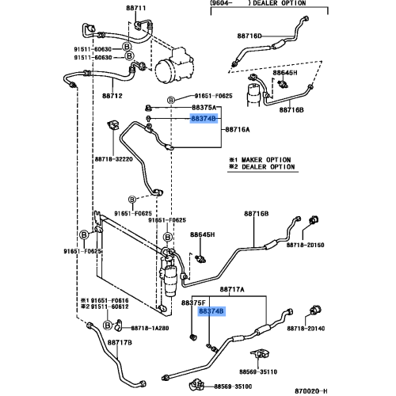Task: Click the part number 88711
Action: pyautogui.click(x=135, y=8)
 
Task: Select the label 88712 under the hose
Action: pyautogui.click(x=112, y=96)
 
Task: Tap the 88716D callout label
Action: pyautogui.click(x=249, y=36)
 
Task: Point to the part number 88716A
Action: pyautogui.click(x=238, y=130)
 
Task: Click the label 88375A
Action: pyautogui.click(x=204, y=108)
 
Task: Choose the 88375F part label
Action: pyautogui.click(x=193, y=303)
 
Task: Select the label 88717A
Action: pyautogui.click(x=232, y=290)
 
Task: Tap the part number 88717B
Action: pyautogui.click(x=120, y=343)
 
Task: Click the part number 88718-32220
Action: pyautogui.click(x=114, y=159)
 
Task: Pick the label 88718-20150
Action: pyautogui.click(x=306, y=245)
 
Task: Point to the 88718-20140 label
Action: pyautogui.click(x=306, y=329)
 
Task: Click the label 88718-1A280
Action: pyautogui.click(x=150, y=328)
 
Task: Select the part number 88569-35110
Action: pyautogui.click(x=258, y=371)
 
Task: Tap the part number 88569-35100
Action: pyautogui.click(x=233, y=386)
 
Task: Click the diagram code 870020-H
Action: pyautogui.click(x=311, y=390)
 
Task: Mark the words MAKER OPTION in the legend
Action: pyautogui.click(x=266, y=160)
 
